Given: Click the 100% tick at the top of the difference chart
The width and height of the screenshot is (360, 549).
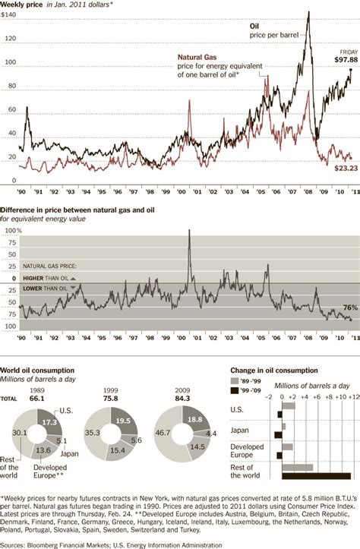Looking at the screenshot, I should pyautogui.click(x=13, y=230).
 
